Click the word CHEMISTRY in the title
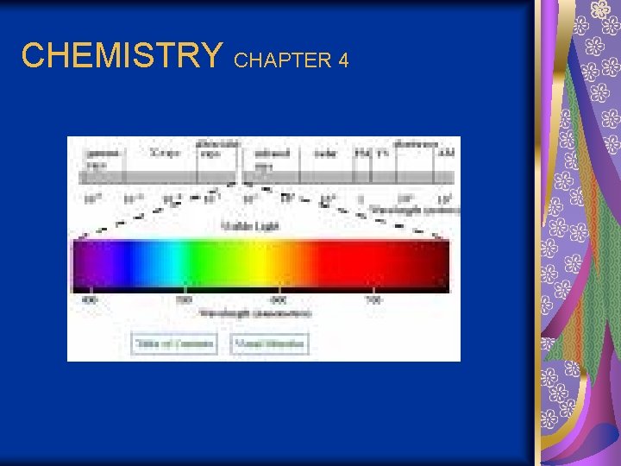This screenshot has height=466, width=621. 121,56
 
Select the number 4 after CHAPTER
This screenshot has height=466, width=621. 343,60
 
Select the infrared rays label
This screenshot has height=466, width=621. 272,157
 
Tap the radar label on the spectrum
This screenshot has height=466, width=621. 324,154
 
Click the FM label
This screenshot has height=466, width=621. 362,154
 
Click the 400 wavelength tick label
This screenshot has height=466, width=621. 89,300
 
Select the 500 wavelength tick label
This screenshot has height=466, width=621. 184,300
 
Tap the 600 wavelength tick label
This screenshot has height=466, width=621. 278,300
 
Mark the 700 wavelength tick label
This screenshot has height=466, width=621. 372,300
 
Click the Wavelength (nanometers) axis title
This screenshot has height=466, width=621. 256,312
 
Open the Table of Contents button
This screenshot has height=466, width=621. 173,343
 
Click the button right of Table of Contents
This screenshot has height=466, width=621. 269,343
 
